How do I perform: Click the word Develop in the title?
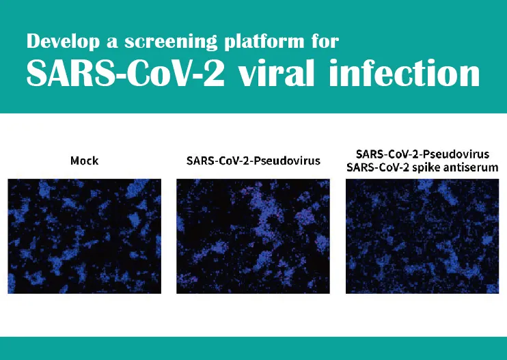point(63,42)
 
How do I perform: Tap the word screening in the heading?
point(171,42)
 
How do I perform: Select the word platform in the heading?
point(264,42)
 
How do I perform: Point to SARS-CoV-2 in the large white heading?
point(126,72)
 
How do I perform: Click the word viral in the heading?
point(277,72)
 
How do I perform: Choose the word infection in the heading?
point(405,72)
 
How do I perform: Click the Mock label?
point(85,161)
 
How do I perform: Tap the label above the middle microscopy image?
point(253,161)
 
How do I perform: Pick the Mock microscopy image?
point(85,236)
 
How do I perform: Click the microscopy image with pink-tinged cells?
point(253,236)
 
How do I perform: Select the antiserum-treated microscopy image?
point(422,236)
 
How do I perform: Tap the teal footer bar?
point(253,348)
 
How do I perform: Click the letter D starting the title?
point(33,41)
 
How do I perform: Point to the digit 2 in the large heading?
point(214,73)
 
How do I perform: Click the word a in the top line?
point(112,43)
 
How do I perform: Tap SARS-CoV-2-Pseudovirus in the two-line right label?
point(422,154)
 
